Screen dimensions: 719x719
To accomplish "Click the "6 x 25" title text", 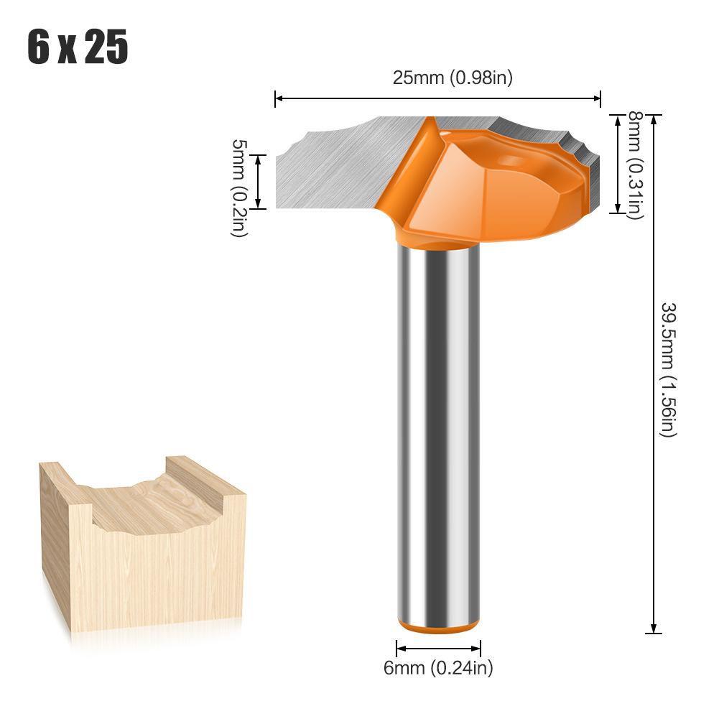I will (78, 48).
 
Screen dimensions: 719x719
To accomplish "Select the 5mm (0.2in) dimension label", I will (239, 188).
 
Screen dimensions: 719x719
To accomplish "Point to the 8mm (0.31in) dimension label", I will (635, 164).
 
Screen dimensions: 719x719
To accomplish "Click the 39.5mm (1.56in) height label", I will (669, 369).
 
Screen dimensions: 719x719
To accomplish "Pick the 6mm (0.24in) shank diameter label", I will (438, 668).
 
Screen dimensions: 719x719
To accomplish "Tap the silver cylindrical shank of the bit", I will (438, 431).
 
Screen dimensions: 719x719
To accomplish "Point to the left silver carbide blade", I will (338, 165).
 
